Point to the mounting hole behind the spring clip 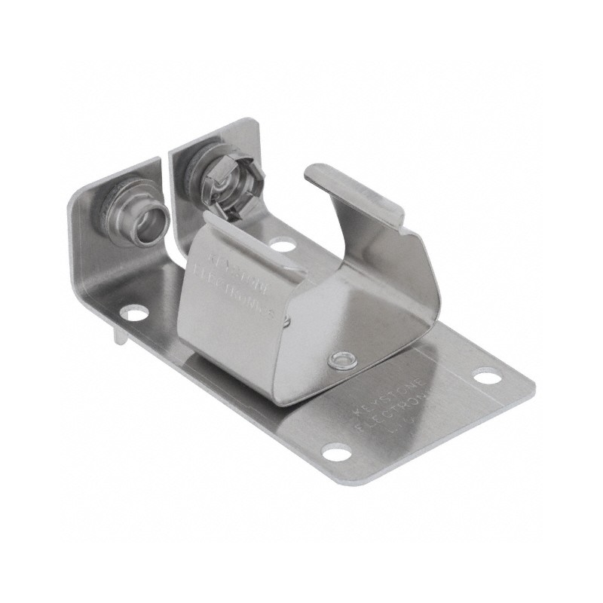coord(283,244)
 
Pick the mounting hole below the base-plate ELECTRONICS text coord(335,453)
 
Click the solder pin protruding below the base coord(121,336)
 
